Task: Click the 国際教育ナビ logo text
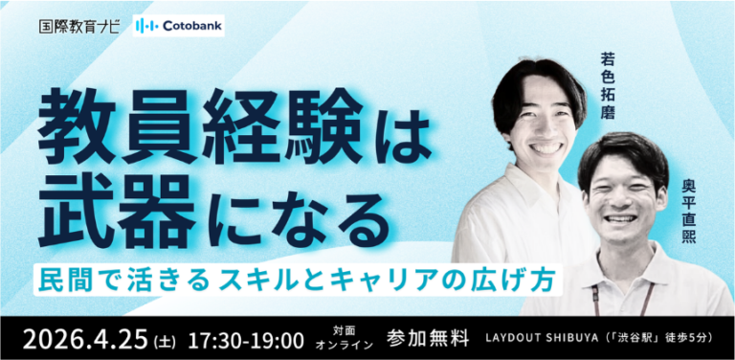click(x=78, y=26)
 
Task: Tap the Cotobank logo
click(x=179, y=26)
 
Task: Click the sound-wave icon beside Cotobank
click(x=146, y=26)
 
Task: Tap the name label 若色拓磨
click(x=607, y=86)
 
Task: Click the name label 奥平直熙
click(x=689, y=211)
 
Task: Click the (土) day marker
click(x=166, y=342)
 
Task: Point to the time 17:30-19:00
click(x=246, y=340)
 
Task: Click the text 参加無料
click(x=428, y=339)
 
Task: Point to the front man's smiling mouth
click(x=620, y=219)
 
